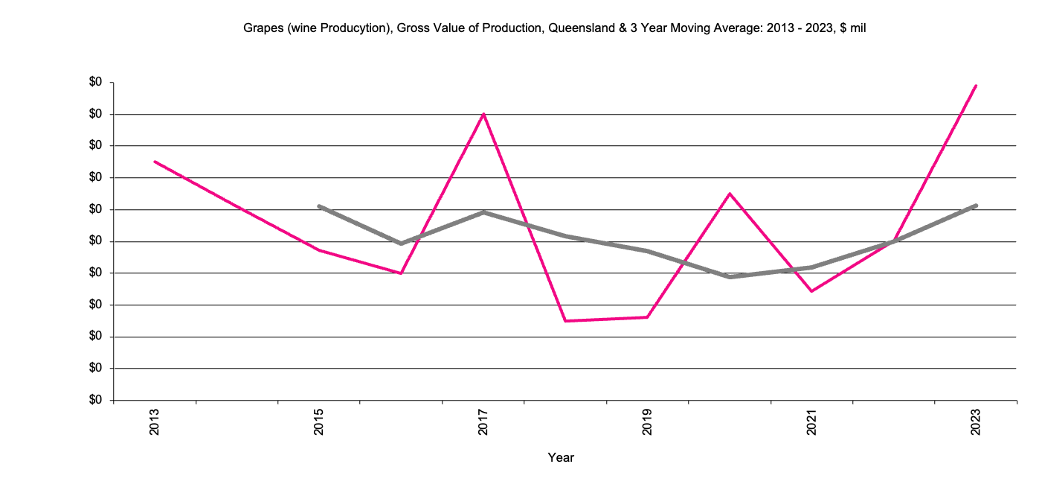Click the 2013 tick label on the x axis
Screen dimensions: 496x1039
coord(155,422)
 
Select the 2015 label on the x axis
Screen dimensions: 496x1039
coord(319,422)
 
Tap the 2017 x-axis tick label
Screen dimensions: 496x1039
coord(483,422)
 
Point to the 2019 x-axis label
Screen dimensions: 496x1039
coord(647,422)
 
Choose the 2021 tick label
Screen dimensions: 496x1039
coord(811,422)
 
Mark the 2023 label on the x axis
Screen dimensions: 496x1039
coord(976,422)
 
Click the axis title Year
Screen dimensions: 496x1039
coord(561,457)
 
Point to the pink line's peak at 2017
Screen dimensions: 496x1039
coord(483,114)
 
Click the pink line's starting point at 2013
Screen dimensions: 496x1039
coord(155,162)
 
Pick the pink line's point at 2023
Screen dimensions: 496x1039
coord(976,86)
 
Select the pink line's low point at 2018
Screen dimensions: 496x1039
coord(565,321)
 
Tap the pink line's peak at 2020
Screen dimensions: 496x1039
coord(730,194)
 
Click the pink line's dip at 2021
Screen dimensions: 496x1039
coord(811,291)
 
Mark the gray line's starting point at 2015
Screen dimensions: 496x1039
coord(319,206)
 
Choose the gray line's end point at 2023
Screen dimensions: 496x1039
coord(976,206)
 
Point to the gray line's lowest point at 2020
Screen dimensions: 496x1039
coord(730,277)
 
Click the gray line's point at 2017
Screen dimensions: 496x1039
coord(483,212)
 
